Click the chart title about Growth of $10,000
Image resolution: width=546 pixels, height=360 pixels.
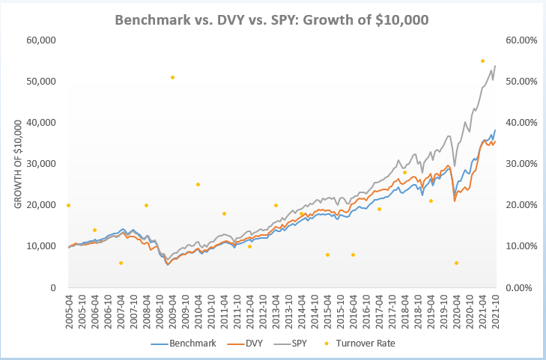pyautogui.click(x=273, y=19)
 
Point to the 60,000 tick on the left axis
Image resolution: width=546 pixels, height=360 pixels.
pyautogui.click(x=42, y=40)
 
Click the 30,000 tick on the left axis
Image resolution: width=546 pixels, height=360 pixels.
pyautogui.click(x=42, y=164)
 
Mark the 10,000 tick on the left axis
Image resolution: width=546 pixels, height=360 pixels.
pyautogui.click(x=42, y=246)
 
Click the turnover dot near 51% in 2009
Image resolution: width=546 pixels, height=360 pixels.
pyautogui.click(x=172, y=77)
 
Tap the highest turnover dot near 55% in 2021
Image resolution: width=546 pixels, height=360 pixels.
pyautogui.click(x=482, y=61)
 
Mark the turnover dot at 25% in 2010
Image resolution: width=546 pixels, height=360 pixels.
pyautogui.click(x=198, y=184)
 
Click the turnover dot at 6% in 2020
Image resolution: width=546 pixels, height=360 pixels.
pyautogui.click(x=456, y=263)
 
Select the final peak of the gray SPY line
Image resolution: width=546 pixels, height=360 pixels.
pyautogui.click(x=495, y=66)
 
